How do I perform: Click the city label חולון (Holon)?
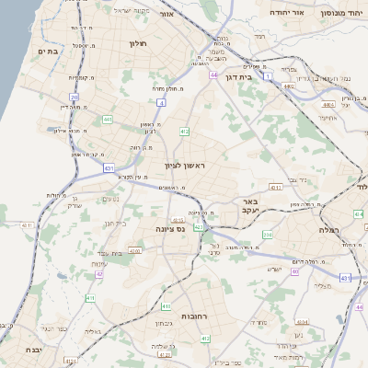pyautogui.click(x=139, y=43)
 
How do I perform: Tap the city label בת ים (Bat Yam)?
pyautogui.click(x=48, y=52)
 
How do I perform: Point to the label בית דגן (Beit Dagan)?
pyautogui.click(x=238, y=78)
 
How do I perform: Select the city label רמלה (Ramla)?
pyautogui.click(x=328, y=228)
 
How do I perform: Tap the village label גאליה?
pyautogui.click(x=90, y=332)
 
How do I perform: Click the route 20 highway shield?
pyautogui.click(x=74, y=96)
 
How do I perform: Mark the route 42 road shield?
pyautogui.click(x=99, y=274)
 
